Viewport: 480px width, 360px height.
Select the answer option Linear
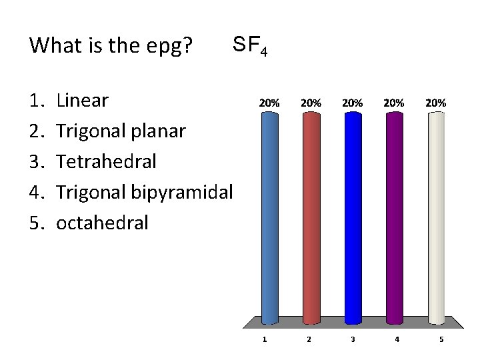[x=82, y=101]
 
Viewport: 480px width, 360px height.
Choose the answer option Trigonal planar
[x=121, y=131]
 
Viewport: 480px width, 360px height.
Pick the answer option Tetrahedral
[x=107, y=161]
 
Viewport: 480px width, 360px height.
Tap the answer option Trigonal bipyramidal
[x=144, y=192]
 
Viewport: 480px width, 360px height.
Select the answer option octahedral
[x=103, y=222]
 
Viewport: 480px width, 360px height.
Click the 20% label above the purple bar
[x=394, y=103]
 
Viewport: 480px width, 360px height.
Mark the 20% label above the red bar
[x=311, y=103]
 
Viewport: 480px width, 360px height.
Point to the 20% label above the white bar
[x=435, y=103]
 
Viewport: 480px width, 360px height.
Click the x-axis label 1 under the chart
[x=265, y=339]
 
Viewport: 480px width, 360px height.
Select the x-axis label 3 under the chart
[x=353, y=339]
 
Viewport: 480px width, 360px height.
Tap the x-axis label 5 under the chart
[x=441, y=339]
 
